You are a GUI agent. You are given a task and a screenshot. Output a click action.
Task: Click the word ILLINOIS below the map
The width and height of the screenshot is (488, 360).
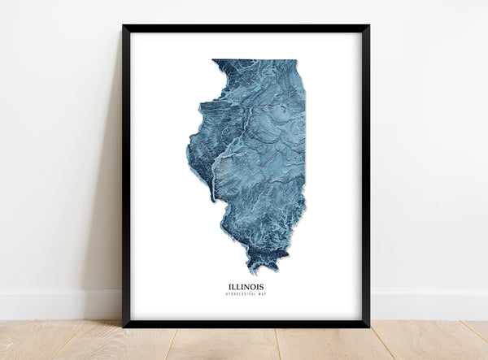click(246, 286)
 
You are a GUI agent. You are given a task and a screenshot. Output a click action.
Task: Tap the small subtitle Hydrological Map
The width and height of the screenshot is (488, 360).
click(246, 294)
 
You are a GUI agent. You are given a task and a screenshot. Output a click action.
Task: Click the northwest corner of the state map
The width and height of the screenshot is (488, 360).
click(214, 61)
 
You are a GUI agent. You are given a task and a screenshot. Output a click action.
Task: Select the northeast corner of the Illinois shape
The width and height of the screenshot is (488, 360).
click(295, 61)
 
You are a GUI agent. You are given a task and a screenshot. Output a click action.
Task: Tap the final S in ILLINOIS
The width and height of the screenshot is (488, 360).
click(262, 286)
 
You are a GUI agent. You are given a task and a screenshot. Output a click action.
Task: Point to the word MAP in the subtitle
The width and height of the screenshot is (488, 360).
click(258, 294)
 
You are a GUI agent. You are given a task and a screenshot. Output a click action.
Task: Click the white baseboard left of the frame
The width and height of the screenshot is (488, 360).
click(57, 304)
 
